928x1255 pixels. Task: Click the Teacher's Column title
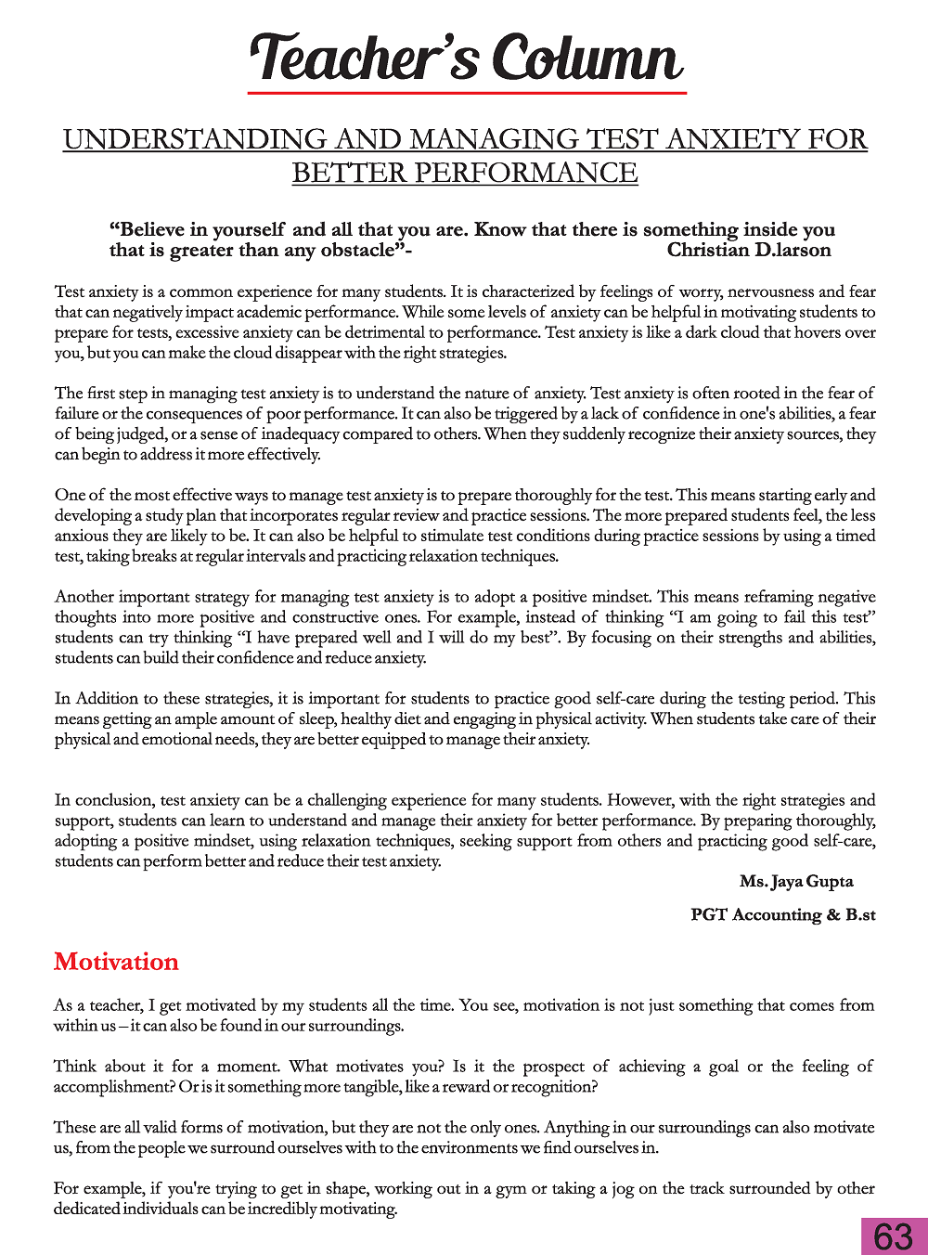click(x=467, y=58)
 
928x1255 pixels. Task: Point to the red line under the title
click(x=467, y=93)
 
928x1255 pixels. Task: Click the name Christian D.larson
click(x=749, y=250)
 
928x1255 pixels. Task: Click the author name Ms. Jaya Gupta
click(x=796, y=881)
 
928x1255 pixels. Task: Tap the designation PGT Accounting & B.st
click(x=783, y=914)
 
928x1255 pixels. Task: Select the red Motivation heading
click(x=116, y=962)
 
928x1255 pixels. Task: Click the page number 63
click(x=894, y=1236)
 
